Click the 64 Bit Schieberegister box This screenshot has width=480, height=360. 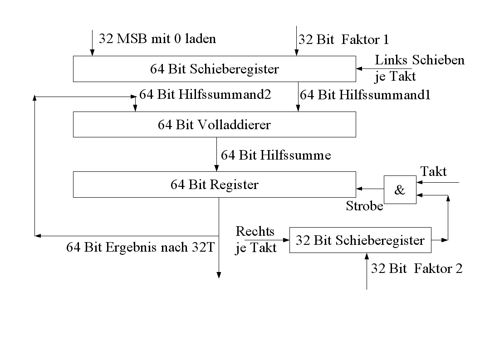pyautogui.click(x=214, y=69)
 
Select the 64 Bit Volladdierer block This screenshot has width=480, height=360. pyautogui.click(x=214, y=124)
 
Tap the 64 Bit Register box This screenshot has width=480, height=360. pyautogui.click(x=214, y=185)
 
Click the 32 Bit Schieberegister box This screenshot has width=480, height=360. pyautogui.click(x=360, y=240)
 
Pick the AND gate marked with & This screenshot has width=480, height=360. pyautogui.click(x=400, y=190)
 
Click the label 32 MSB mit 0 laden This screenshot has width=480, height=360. pyautogui.click(x=157, y=38)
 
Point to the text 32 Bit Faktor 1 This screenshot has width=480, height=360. pyautogui.click(x=343, y=39)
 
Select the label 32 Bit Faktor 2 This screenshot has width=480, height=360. pyautogui.click(x=416, y=268)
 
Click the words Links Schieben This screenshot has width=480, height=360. pyautogui.click(x=420, y=60)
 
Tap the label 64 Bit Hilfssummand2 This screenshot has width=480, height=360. pyautogui.click(x=205, y=94)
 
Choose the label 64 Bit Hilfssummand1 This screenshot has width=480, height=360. pyautogui.click(x=365, y=95)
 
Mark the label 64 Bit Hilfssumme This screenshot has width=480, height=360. pyautogui.click(x=276, y=155)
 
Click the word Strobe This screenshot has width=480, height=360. pyautogui.click(x=364, y=206)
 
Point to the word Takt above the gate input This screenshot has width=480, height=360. pyautogui.click(x=433, y=171)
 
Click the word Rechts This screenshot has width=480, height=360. pyautogui.click(x=255, y=231)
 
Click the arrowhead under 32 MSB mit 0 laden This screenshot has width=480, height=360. pyautogui.click(x=92, y=53)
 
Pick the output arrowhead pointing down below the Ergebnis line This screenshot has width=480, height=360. pyautogui.click(x=219, y=275)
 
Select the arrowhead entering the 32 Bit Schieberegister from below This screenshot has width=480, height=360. pyautogui.click(x=366, y=256)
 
